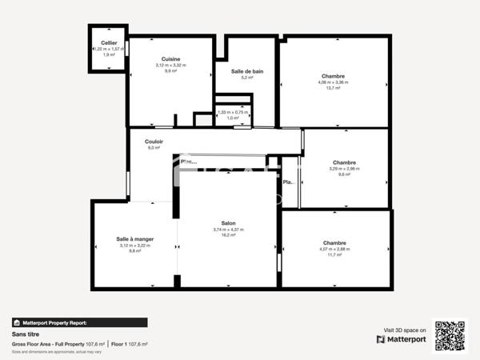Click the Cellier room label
[108, 42]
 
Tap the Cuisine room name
[170, 58]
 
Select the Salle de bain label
[247, 71]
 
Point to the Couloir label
[154, 142]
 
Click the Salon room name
[228, 223]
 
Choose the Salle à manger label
[134, 238]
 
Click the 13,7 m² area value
[334, 88]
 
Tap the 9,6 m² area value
[344, 174]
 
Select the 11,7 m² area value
[334, 255]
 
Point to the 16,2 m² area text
[228, 235]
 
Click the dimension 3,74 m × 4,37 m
[228, 230]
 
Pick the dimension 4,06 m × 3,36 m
[334, 82]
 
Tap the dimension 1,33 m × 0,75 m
[233, 113]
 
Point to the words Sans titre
[26, 334]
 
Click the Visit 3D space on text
[405, 330]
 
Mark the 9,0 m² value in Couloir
[154, 148]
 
